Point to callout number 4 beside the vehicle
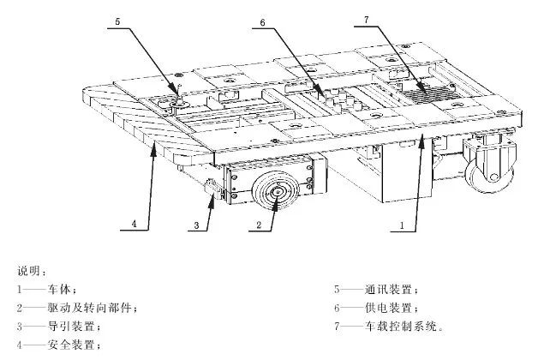(x=134, y=224)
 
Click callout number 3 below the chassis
(x=196, y=225)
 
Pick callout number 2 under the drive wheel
(x=258, y=225)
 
